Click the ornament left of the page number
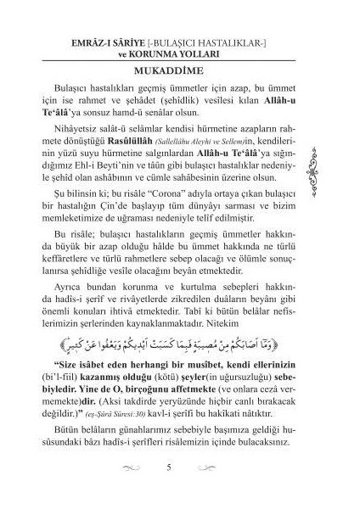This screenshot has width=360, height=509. [132, 489]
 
